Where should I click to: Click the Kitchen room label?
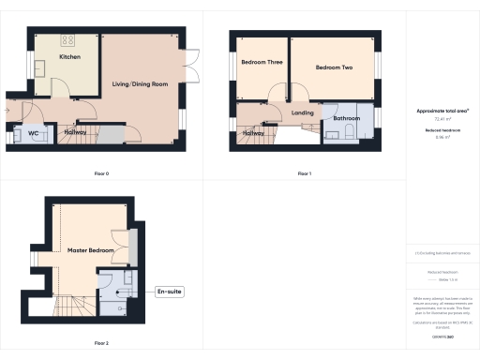[x=70, y=57]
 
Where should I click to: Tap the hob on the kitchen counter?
[x=68, y=40]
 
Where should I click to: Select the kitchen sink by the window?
[x=43, y=67]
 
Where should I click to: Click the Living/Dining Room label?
[x=140, y=84]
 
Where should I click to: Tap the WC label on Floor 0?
[x=33, y=133]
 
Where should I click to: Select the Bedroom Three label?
[x=262, y=63]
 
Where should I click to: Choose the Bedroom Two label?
[x=334, y=68]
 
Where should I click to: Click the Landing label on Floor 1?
[x=303, y=113]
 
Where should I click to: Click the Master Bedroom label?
[x=90, y=251]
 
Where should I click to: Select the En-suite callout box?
[x=169, y=292]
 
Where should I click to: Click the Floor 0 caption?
[x=101, y=173]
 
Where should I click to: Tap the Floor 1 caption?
[x=304, y=173]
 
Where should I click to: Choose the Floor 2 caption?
[x=101, y=343]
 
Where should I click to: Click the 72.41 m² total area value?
[x=442, y=119]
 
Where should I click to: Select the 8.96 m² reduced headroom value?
[x=442, y=137]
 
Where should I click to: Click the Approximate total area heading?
[x=442, y=111]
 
